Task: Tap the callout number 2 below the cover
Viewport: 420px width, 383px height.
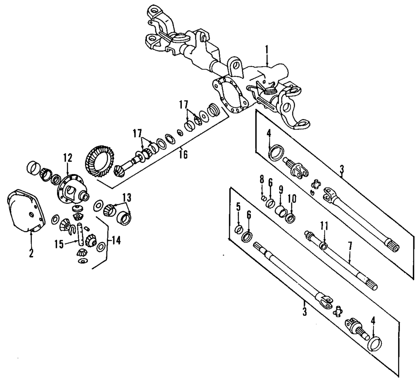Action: point(31,253)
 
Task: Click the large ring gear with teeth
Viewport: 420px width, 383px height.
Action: point(100,161)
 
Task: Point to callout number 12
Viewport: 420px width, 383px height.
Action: point(68,158)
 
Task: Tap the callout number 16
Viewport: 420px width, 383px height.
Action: point(183,155)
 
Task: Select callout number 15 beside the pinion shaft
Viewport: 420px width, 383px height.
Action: point(59,244)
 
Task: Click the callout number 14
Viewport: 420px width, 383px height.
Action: point(116,240)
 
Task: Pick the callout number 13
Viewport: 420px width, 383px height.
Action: point(127,198)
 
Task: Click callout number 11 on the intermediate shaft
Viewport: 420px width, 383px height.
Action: point(324,226)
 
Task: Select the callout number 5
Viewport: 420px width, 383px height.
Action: point(238,207)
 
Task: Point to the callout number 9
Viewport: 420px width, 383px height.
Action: point(281,190)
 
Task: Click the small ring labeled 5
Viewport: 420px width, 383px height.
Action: point(239,229)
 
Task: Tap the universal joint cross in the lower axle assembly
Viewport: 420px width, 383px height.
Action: point(338,311)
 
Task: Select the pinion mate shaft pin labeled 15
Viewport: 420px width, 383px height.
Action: point(80,233)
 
